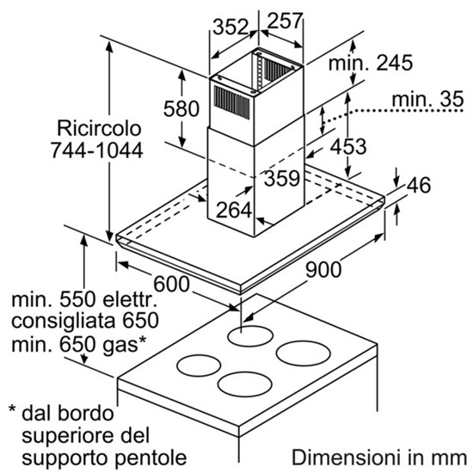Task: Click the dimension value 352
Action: click(x=230, y=27)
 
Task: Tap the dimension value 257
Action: click(x=285, y=21)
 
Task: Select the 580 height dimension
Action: click(x=181, y=108)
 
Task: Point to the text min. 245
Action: click(x=371, y=63)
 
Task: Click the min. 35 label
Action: click(x=427, y=99)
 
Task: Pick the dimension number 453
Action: click(x=348, y=147)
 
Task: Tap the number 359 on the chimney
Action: click(x=282, y=178)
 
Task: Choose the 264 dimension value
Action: click(x=234, y=210)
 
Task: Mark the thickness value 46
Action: click(x=419, y=185)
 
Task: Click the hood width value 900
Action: click(x=323, y=269)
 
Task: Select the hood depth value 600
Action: click(x=172, y=284)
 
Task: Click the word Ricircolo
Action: click(x=99, y=128)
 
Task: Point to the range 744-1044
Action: click(x=96, y=150)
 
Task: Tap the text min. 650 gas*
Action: click(x=79, y=344)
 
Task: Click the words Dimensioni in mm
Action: click(x=379, y=458)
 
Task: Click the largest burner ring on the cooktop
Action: click(x=304, y=353)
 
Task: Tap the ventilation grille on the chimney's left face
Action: click(x=231, y=102)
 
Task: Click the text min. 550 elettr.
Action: click(x=85, y=299)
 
